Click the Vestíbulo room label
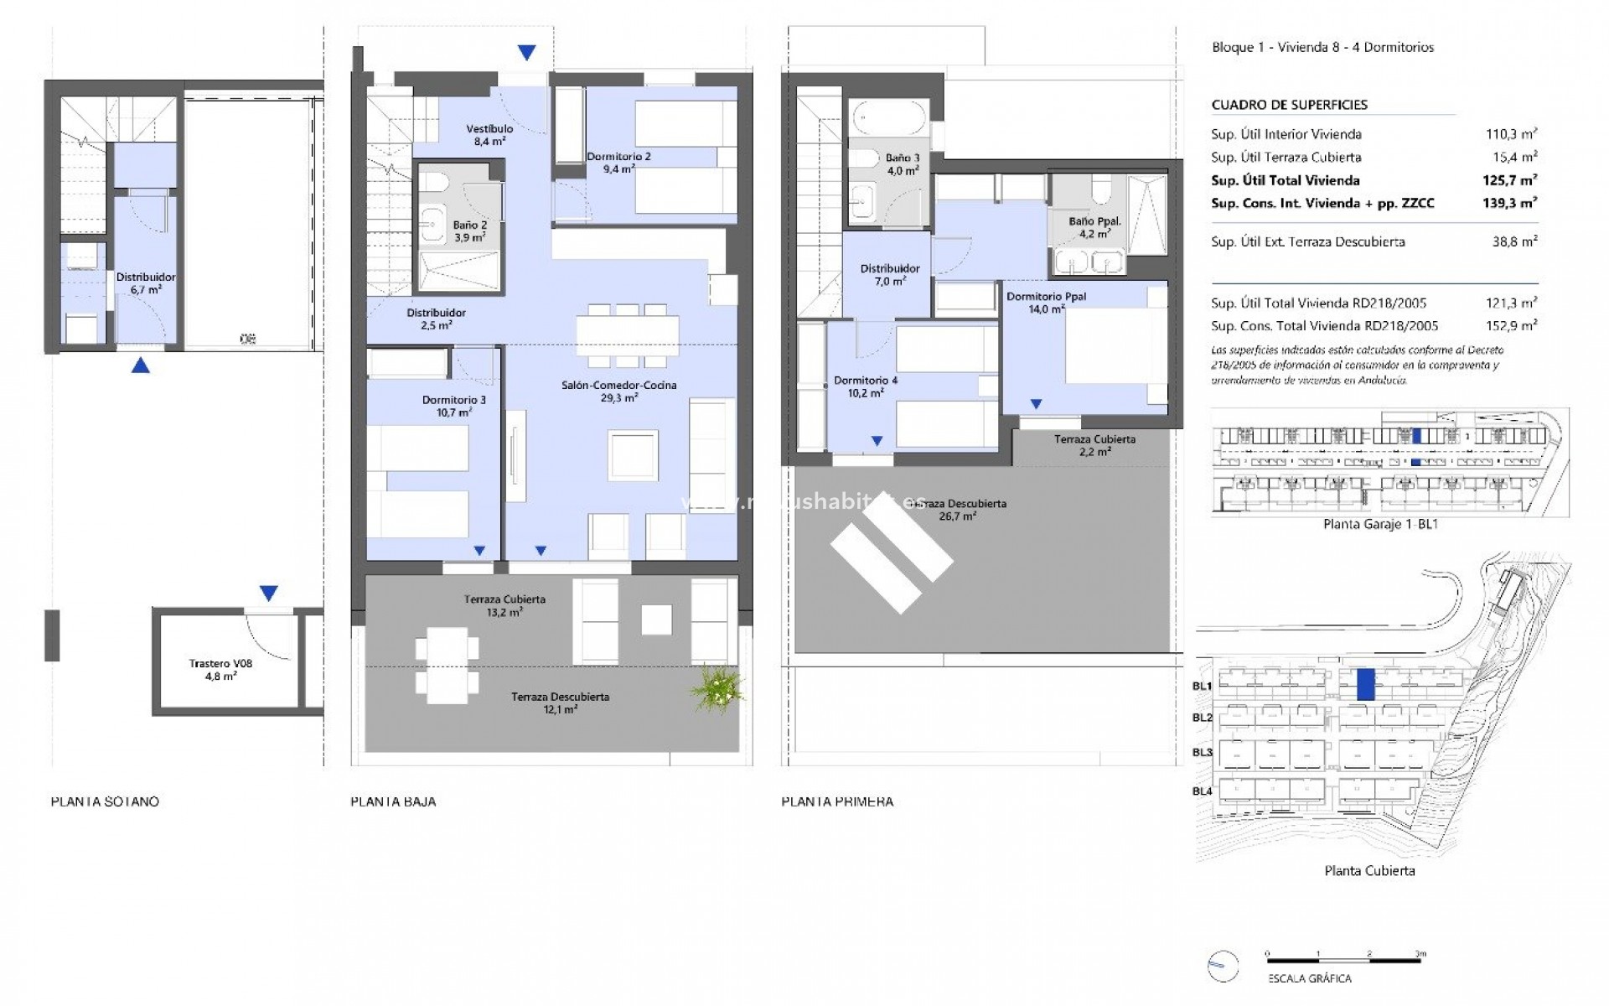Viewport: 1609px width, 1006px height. (489, 129)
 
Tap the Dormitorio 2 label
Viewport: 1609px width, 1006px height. (618, 157)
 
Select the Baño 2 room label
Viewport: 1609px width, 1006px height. (469, 226)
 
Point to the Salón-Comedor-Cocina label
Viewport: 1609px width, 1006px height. (618, 386)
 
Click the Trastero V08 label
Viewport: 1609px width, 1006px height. (220, 663)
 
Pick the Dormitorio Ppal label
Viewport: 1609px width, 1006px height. (1046, 297)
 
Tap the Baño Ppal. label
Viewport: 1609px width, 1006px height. (1094, 222)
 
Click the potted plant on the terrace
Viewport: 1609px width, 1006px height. (717, 689)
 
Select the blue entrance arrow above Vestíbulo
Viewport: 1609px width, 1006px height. (526, 53)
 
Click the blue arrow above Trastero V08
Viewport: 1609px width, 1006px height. (268, 594)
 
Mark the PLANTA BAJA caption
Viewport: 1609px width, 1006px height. (393, 801)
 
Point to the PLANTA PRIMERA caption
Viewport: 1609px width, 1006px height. (837, 801)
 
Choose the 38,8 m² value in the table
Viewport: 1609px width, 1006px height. (1514, 241)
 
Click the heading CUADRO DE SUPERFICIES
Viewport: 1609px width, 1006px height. (1289, 105)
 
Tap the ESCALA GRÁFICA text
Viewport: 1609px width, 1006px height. (1309, 978)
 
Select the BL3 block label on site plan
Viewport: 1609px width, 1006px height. (1203, 752)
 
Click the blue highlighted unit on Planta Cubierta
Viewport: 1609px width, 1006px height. (1365, 684)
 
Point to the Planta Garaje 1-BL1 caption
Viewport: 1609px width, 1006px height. (1368, 525)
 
